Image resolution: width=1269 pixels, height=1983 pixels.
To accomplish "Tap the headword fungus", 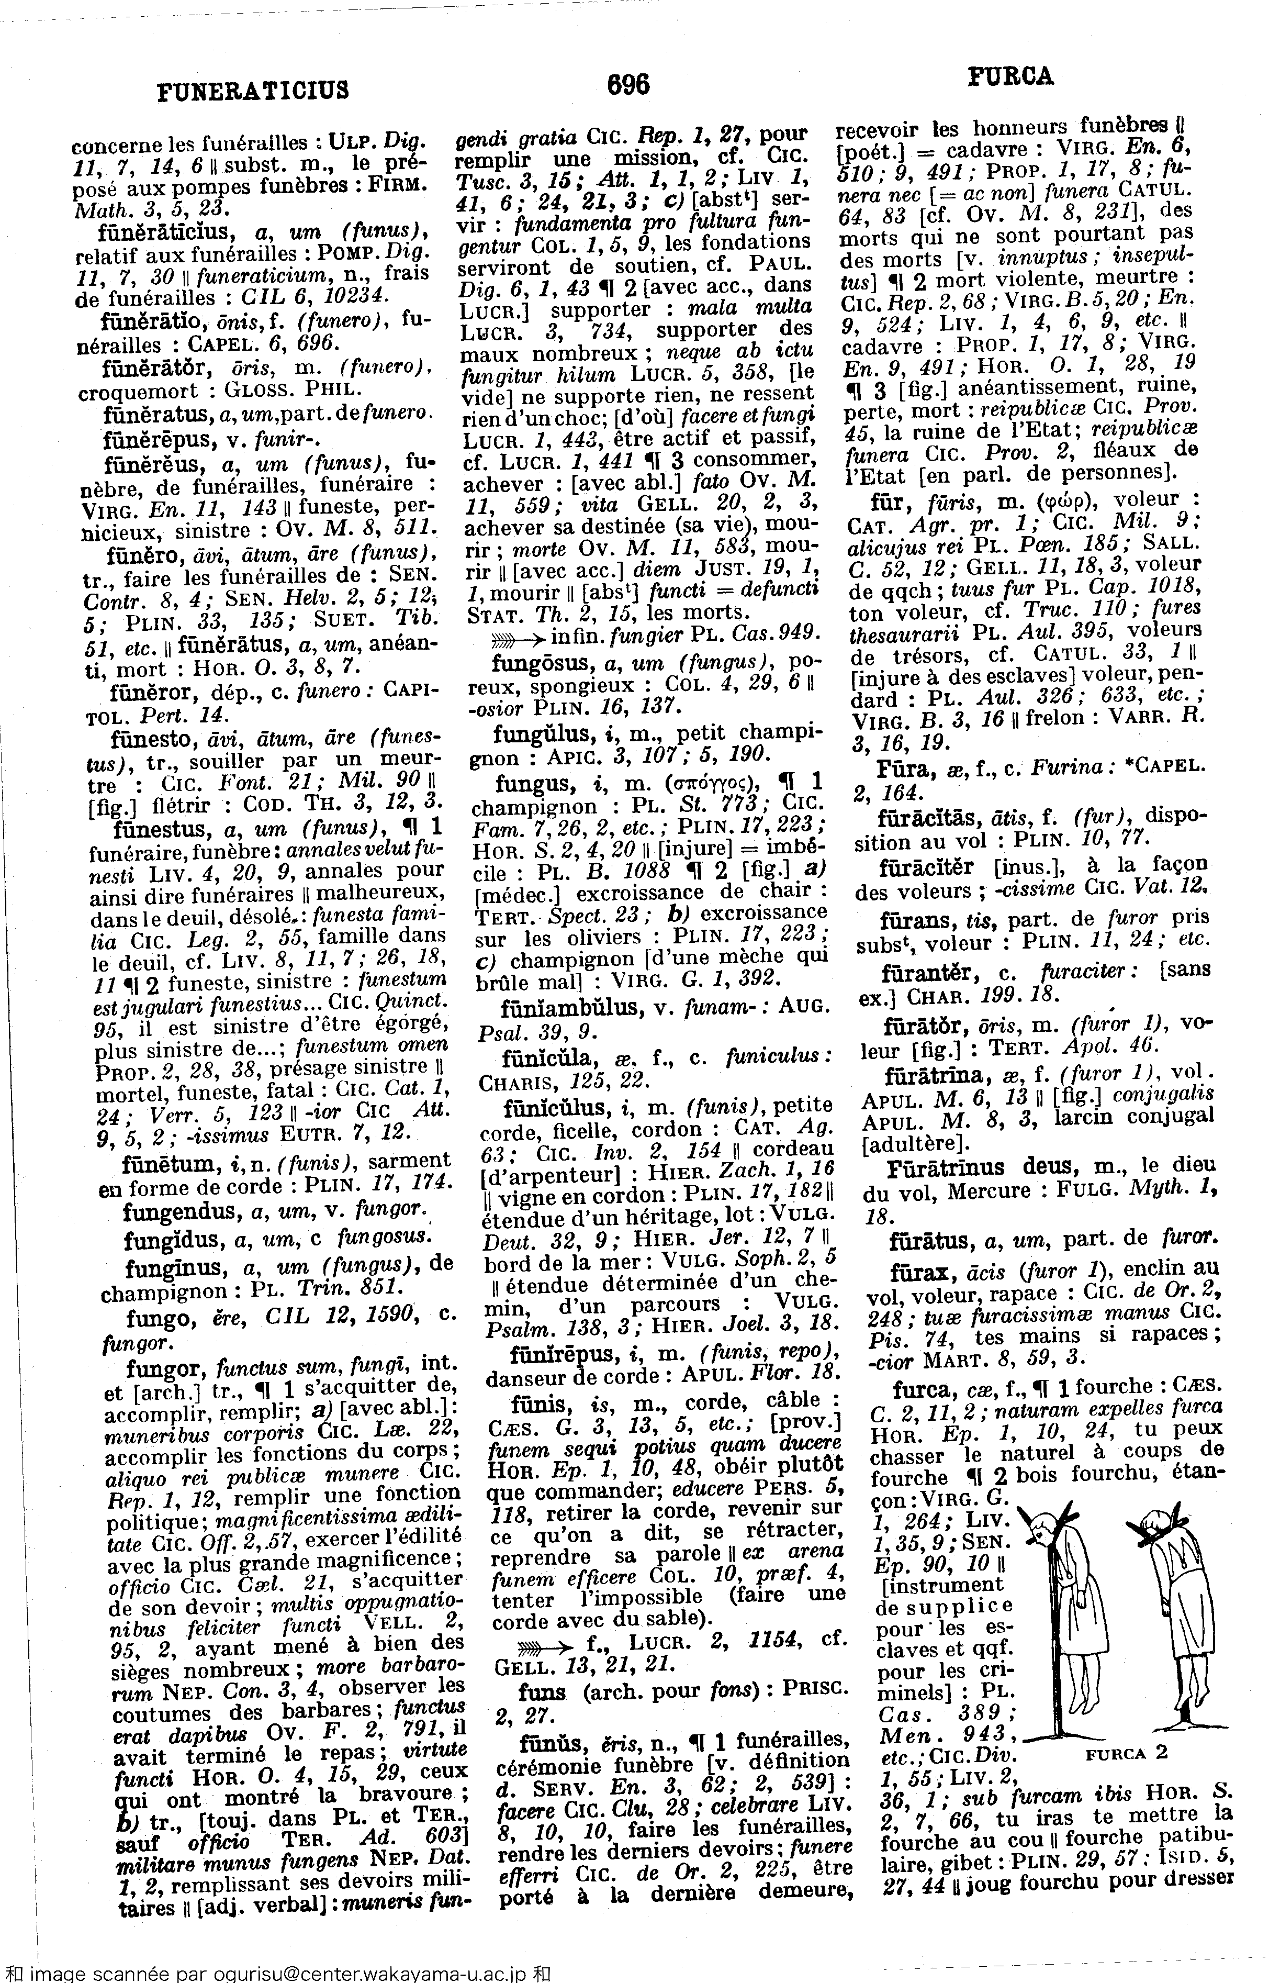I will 530,782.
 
